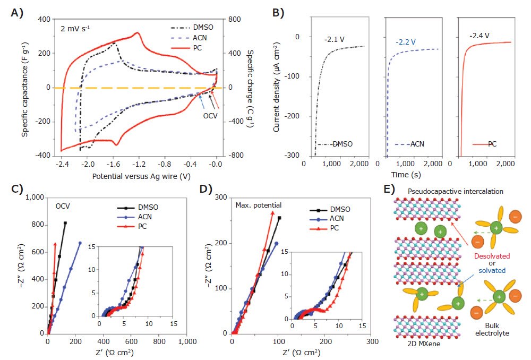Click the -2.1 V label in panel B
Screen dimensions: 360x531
(x=336, y=39)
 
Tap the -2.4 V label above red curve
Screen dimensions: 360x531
(x=479, y=36)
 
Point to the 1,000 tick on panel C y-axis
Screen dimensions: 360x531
(x=33, y=197)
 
